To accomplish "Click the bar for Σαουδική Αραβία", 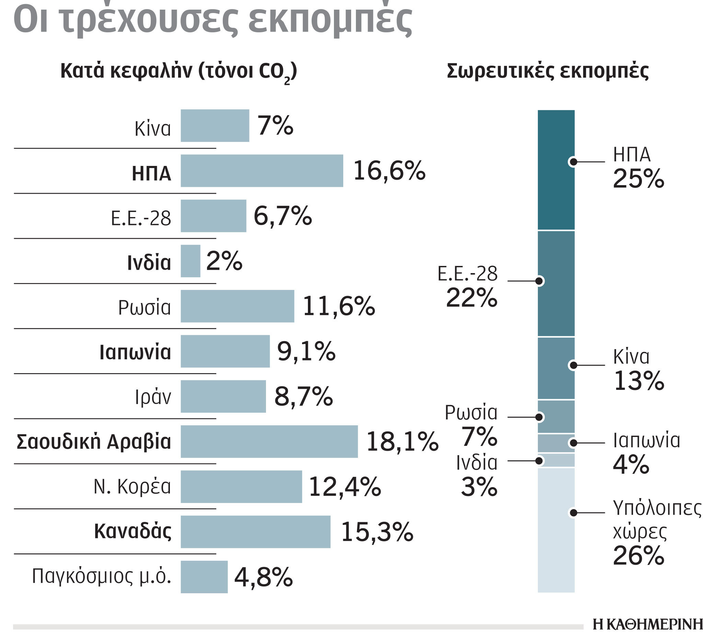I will (269, 441).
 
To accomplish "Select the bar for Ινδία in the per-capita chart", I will (191, 261).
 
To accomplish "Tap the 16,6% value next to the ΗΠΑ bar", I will (389, 171).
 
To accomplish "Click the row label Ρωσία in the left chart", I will (145, 307).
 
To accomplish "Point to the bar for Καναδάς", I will (255, 531).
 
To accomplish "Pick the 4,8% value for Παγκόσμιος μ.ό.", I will (263, 577).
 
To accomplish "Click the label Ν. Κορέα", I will (132, 486).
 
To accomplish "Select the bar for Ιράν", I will (223, 396).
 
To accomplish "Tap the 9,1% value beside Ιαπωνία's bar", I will (306, 351).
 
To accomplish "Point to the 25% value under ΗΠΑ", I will (638, 179).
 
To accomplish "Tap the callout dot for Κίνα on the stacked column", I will (573, 365).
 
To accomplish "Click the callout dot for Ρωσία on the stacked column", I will (539, 417).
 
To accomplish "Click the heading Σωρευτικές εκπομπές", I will (548, 71).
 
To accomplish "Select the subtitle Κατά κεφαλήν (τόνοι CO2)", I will (178, 72).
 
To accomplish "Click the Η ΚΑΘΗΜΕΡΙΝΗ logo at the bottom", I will (647, 624).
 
